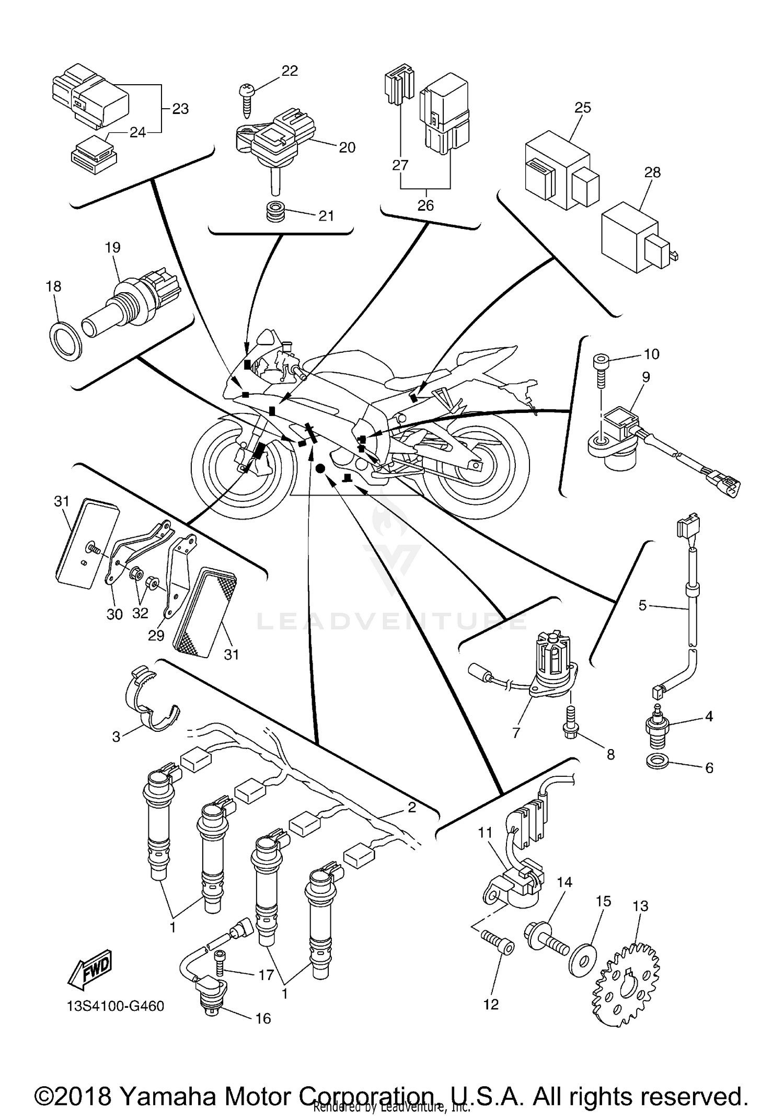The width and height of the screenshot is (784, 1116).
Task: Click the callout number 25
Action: point(582,107)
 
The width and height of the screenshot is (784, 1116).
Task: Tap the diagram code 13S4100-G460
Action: point(116,1006)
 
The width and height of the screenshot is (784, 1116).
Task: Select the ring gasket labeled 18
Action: point(66,340)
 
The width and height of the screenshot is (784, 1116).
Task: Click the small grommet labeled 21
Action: point(275,211)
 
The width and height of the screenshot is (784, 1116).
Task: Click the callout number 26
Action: point(425,205)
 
